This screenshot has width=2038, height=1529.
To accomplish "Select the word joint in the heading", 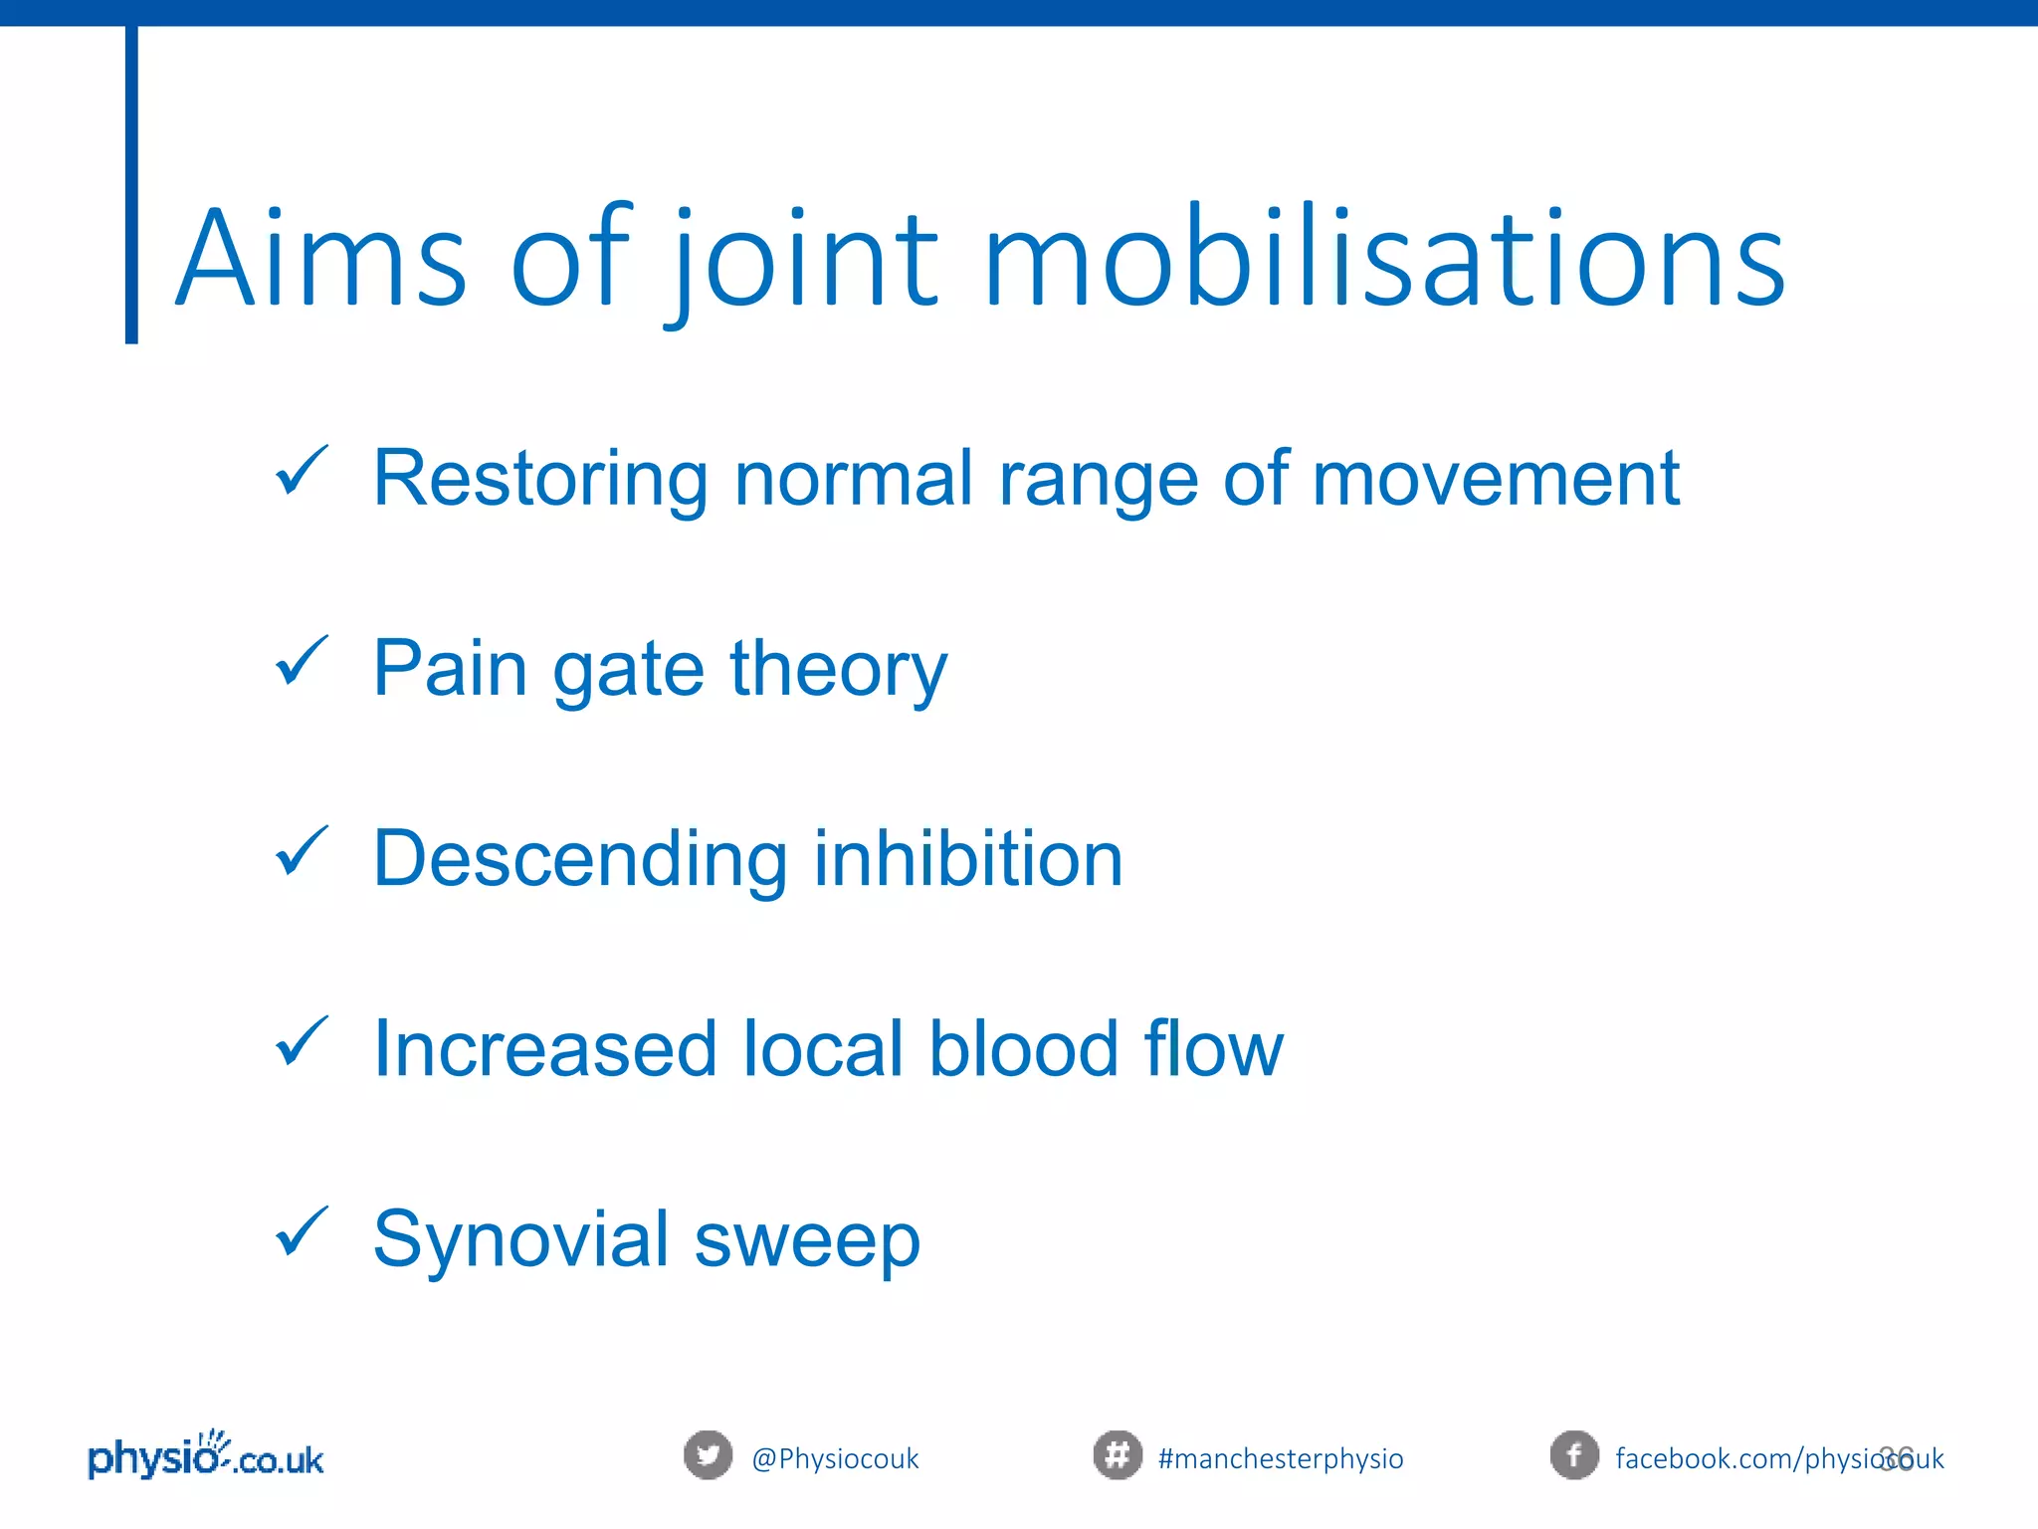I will [806, 261].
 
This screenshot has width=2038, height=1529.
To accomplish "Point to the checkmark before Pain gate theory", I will [301, 661].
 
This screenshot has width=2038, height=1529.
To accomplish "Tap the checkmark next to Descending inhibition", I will [301, 851].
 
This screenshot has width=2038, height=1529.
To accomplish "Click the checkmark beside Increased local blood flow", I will [301, 1041].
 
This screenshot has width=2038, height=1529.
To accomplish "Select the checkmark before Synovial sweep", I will [301, 1231].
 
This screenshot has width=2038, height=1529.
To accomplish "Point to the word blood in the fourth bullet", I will [1024, 1049].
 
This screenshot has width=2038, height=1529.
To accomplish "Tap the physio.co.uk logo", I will [206, 1457].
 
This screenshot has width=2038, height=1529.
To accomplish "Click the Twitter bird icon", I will [708, 1455].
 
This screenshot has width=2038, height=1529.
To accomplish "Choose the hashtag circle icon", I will [1117, 1455].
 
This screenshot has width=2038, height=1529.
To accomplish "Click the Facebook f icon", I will [1574, 1455].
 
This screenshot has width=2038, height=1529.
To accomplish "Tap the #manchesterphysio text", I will [1281, 1459].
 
